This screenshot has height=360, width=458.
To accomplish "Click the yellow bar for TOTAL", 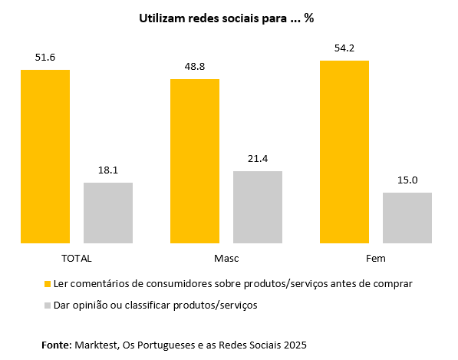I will tap(45, 157).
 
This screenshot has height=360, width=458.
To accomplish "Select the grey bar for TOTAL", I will tap(108, 213).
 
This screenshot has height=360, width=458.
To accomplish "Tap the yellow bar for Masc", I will tap(195, 161).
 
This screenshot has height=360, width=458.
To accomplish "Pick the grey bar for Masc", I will tap(258, 207).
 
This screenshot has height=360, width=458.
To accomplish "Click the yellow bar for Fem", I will tap(344, 152).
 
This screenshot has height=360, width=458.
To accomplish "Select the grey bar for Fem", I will tap(407, 218).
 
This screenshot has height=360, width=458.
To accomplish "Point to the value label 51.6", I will tap(45, 58).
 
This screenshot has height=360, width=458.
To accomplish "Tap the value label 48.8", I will tap(195, 67).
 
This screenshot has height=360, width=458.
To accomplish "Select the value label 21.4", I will tap(258, 159).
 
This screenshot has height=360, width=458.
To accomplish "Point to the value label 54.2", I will tap(344, 48).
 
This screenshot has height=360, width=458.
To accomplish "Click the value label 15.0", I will tap(407, 180).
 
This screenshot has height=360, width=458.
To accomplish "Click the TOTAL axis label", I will tap(76, 259).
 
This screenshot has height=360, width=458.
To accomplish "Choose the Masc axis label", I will tap(226, 259).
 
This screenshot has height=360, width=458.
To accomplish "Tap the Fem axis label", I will tap(376, 259).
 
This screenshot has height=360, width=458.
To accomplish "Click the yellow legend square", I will tap(48, 284).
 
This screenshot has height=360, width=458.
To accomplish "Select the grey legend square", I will tap(48, 306).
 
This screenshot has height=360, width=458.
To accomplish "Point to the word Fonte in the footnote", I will tap(57, 345).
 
